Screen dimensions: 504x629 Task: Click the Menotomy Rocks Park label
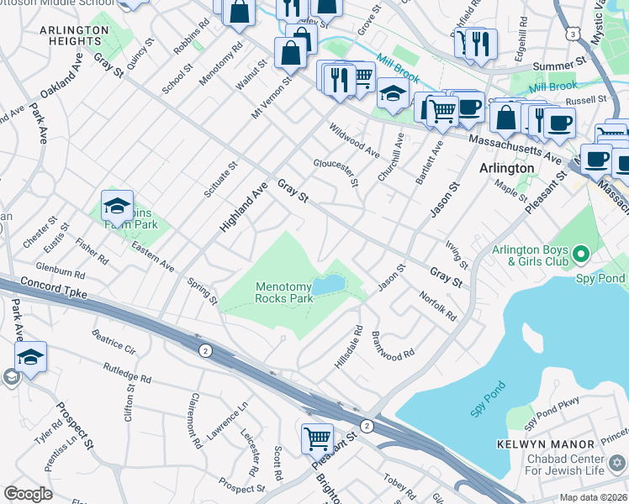(x=284, y=292)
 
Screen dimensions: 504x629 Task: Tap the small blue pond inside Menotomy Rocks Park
(x=329, y=284)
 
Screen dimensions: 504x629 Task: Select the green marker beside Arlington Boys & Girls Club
(x=579, y=253)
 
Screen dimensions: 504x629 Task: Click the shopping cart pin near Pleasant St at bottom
(x=317, y=438)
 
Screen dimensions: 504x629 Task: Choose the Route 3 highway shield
(x=573, y=34)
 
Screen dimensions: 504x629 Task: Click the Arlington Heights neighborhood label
(x=74, y=37)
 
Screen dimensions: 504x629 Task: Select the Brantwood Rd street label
(x=393, y=344)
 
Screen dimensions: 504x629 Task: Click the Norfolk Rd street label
(x=437, y=306)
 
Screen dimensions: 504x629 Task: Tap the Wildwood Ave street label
(x=354, y=140)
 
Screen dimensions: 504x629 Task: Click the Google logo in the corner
(x=28, y=494)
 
